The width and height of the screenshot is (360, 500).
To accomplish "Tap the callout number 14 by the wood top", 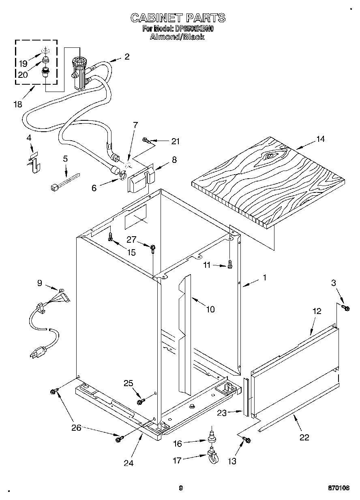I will click(x=320, y=139).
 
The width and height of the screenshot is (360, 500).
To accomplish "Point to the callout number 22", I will click(x=304, y=437).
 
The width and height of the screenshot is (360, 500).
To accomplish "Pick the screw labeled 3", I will click(x=346, y=308).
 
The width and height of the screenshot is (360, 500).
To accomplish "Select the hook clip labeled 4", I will click(x=35, y=161).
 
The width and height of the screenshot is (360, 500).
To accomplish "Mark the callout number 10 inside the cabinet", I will click(x=210, y=310).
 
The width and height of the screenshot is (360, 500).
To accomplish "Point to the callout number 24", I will click(x=129, y=463).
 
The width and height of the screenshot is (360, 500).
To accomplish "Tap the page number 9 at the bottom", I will click(x=181, y=488).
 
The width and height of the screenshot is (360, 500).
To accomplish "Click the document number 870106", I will click(x=339, y=488).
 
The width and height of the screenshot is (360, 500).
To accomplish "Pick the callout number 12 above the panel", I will click(x=317, y=311).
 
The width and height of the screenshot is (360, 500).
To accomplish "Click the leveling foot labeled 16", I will click(x=211, y=438).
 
